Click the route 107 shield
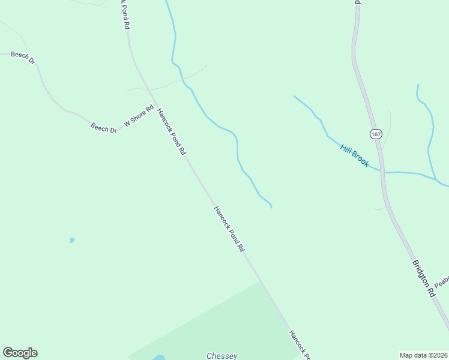pyautogui.click(x=376, y=134)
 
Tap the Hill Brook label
pyautogui.click(x=354, y=155)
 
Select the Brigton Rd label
pyautogui.click(x=423, y=278)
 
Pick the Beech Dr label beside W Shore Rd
pyautogui.click(x=103, y=128)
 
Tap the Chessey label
pyautogui.click(x=221, y=355)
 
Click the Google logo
pyautogui.click(x=20, y=353)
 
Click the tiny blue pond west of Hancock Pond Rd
pyautogui.click(x=72, y=240)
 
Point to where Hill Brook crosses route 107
pyautogui.click(x=382, y=172)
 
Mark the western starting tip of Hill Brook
pyautogui.click(x=294, y=96)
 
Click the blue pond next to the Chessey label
pyautogui.click(x=158, y=358)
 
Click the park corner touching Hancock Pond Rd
pyautogui.click(x=262, y=281)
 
